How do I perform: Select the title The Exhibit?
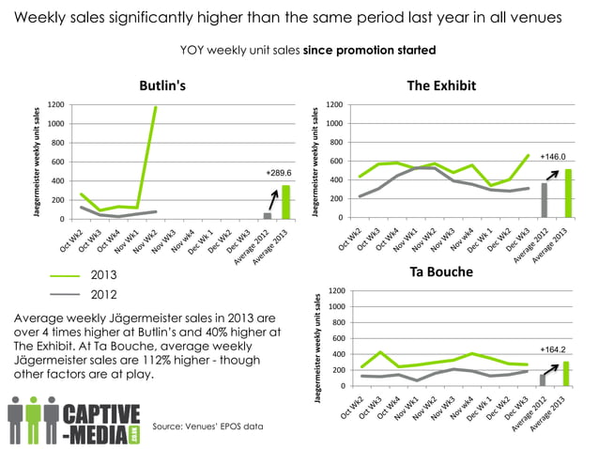(444, 85)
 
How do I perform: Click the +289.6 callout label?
(279, 173)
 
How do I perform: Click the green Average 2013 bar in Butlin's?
(284, 202)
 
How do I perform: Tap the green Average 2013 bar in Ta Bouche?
(566, 373)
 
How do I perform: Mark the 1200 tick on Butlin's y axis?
(56, 104)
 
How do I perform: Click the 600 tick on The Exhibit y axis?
(336, 162)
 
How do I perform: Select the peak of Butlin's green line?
(155, 107)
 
